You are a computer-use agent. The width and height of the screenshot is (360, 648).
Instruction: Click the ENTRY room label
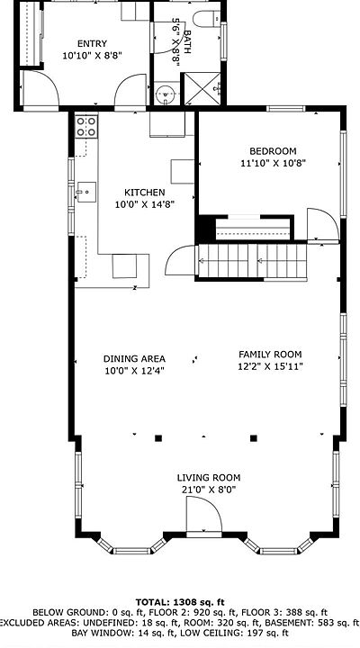point(92,43)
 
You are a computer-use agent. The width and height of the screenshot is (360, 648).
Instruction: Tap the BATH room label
point(187,41)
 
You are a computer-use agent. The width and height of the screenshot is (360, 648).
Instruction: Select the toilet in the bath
point(207,19)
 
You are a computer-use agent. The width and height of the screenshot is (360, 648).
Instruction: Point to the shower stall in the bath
point(202,88)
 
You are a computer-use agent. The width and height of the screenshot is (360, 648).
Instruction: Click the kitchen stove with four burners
point(86,127)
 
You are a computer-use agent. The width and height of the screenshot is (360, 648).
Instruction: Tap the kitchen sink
point(86,193)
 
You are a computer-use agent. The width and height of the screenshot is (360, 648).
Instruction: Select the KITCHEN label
point(145,193)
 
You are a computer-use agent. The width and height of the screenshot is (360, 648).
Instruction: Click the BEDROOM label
point(273,151)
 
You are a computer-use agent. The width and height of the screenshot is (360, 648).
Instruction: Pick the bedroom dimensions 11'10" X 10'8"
point(273,163)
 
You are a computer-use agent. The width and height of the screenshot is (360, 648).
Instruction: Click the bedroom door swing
point(323,224)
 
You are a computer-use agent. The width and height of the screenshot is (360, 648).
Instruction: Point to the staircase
point(253,261)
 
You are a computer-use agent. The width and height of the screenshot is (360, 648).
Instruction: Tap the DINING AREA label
point(134,359)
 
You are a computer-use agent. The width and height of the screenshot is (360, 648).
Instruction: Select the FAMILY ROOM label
point(270,355)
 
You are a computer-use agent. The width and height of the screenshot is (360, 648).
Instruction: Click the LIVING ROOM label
point(209,478)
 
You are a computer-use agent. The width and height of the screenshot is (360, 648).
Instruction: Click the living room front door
point(204,515)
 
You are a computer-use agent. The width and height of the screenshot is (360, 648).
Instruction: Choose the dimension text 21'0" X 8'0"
point(209,490)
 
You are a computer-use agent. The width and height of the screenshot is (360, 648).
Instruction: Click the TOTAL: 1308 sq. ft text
point(180,602)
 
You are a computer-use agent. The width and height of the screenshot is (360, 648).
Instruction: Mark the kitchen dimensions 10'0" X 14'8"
point(145,204)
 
